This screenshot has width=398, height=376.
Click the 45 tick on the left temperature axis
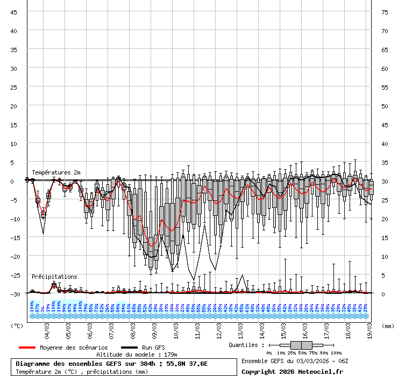pos(14,12)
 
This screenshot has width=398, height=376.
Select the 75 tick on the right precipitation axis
pos(385,12)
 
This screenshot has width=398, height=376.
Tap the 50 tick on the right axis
pos(385,106)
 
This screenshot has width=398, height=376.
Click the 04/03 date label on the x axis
pos(47,328)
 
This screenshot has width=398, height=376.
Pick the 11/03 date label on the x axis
pos(198,328)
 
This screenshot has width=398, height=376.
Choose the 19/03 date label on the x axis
pos(370,328)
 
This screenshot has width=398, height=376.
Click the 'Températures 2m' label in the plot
pos(56,172)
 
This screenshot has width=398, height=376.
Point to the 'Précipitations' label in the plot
pos(54,277)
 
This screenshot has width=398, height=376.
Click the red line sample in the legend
pos(27,348)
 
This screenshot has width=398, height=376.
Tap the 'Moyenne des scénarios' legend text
pos(74,348)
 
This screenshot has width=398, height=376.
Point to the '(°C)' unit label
pos(17,326)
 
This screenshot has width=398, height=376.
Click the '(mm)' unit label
pos(388,326)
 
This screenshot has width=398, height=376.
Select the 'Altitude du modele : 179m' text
pos(137,355)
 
